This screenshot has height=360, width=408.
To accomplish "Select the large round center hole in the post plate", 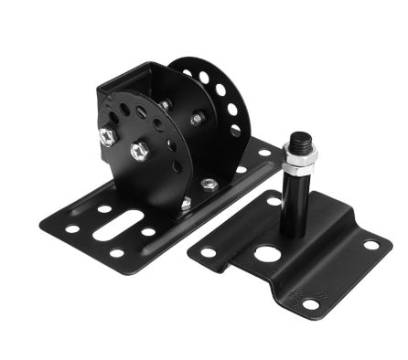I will (267, 253).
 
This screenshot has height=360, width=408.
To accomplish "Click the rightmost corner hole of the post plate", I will (370, 245).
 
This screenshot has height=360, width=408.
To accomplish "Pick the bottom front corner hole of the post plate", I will (311, 304).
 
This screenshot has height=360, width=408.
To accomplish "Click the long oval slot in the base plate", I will (119, 225).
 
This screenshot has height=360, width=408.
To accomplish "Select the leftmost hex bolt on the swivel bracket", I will (107, 136).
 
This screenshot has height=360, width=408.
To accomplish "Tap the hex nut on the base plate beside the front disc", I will (209, 185).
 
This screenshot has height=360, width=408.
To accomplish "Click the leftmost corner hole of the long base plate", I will (71, 228).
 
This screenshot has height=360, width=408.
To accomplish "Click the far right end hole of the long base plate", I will (264, 154).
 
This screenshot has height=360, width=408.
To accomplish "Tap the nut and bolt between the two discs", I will (196, 119).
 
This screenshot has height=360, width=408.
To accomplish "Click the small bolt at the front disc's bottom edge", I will (186, 203).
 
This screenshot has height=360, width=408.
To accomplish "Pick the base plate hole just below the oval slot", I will (116, 251).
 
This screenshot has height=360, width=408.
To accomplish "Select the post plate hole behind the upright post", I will (275, 198).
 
